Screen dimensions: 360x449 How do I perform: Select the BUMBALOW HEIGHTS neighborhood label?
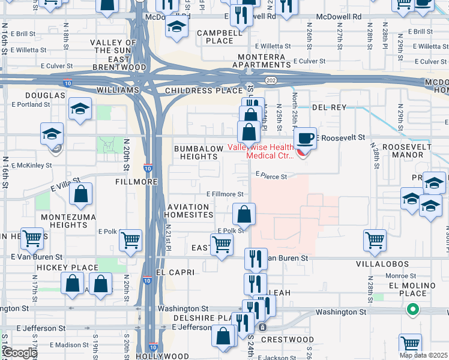coord(195,152)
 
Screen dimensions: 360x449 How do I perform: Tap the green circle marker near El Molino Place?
coord(412,310)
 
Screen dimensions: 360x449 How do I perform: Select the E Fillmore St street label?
coord(225,194)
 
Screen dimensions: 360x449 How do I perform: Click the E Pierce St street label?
coord(271,176)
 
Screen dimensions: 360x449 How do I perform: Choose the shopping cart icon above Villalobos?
coord(375,239)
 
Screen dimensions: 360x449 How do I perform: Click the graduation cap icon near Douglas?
coord(80,109)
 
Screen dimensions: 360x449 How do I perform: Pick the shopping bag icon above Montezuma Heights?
coord(80,194)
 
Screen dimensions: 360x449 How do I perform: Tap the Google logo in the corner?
coord(19,353)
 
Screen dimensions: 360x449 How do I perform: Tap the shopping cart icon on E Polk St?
coord(221,244)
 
